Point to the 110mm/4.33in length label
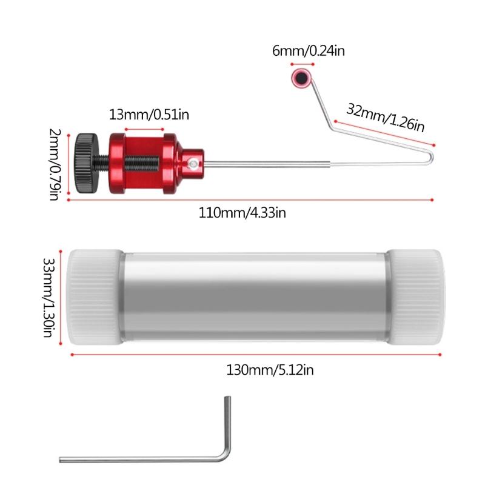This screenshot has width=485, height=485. [242, 213]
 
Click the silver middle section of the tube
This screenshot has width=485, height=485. [255, 297]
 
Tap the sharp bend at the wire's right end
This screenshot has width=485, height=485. [432, 156]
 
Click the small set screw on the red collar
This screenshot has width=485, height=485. [192, 163]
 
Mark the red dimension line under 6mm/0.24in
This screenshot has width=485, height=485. [301, 63]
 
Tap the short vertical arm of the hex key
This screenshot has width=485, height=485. [227, 424]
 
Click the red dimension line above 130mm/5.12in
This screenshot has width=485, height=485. [255, 355]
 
